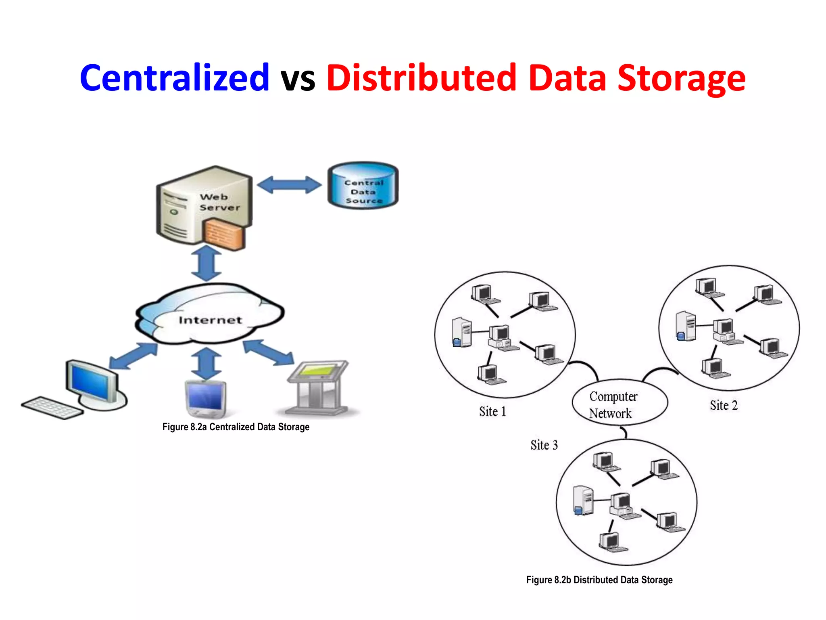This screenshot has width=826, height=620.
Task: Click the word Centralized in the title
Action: (174, 77)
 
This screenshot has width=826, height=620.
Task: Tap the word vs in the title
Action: (298, 79)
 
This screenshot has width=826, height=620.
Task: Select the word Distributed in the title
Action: (421, 77)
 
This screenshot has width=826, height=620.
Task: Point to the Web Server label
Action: (219, 202)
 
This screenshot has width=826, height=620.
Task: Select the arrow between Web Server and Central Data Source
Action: (289, 185)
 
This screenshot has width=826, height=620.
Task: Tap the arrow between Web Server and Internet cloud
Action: (206, 263)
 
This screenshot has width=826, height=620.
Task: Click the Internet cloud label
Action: (210, 320)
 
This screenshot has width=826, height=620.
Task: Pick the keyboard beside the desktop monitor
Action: (52, 408)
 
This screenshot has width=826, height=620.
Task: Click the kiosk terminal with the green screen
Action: (319, 387)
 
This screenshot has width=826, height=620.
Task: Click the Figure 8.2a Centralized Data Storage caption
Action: (236, 427)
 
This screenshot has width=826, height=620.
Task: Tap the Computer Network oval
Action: (619, 403)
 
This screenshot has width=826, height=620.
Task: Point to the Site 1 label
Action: (492, 412)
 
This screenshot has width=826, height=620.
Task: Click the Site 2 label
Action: (724, 405)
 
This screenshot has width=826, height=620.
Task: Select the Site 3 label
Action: (544, 445)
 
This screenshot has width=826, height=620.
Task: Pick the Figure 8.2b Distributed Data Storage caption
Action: (599, 580)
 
